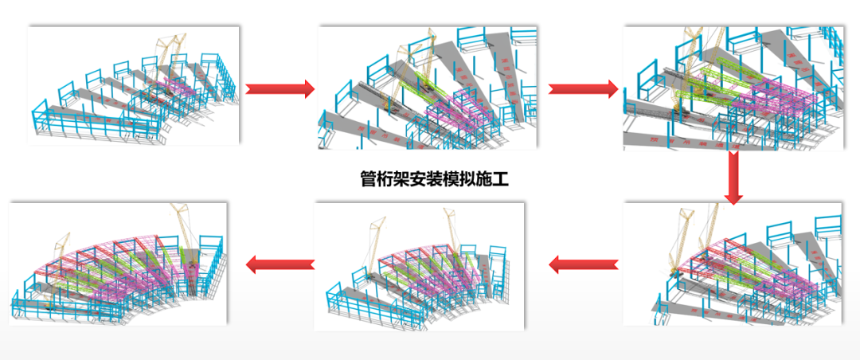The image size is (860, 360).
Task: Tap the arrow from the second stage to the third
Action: (x=583, y=88)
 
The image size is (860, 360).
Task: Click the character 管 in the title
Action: (x=369, y=178)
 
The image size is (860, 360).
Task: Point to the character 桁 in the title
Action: (x=387, y=178)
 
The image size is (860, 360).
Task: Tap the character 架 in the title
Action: (x=405, y=178)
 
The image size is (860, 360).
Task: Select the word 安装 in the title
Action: (x=433, y=178)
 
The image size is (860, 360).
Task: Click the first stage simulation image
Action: (x=134, y=86)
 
